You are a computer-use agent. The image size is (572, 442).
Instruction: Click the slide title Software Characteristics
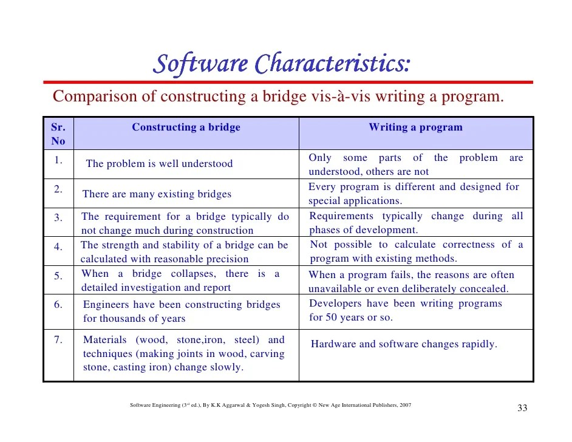(x=281, y=63)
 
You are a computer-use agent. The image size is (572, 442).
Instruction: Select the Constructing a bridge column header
(x=186, y=127)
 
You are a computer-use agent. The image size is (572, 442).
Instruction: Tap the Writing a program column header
(x=415, y=127)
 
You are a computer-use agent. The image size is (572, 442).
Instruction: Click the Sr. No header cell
(x=58, y=134)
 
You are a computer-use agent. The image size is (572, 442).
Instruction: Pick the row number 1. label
(x=58, y=160)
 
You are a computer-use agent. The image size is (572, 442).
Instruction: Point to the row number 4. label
(x=58, y=247)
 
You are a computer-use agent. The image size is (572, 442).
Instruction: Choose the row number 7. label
(x=58, y=340)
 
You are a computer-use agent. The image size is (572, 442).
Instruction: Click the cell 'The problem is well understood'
(x=159, y=164)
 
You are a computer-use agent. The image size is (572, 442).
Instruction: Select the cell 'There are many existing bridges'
(x=157, y=194)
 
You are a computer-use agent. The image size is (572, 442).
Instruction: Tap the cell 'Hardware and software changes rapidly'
(x=404, y=344)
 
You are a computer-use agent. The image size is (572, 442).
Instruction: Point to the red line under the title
(x=288, y=82)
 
